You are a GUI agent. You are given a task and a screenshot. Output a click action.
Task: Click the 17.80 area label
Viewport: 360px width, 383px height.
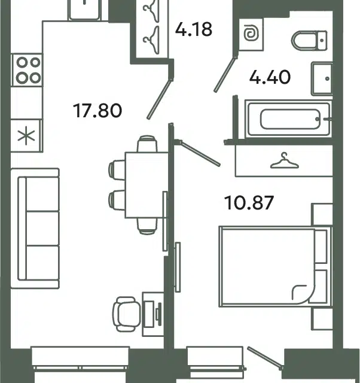coord(97,111)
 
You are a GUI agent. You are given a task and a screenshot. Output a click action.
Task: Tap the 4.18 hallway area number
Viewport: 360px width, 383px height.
coord(194,29)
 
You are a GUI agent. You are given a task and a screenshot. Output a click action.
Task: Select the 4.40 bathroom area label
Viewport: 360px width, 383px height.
coord(270,77)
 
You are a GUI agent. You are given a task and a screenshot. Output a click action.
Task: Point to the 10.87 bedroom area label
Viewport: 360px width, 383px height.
coord(249,202)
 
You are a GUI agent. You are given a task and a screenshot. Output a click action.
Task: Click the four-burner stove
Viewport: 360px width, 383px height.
coord(27,70)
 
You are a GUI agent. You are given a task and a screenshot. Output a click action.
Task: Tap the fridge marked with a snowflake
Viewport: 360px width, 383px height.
coord(26,136)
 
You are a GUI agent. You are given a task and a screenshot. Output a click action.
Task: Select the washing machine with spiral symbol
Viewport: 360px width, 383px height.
coord(251,35)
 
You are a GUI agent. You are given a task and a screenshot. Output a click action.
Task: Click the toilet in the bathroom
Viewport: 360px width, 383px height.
coord(309,41)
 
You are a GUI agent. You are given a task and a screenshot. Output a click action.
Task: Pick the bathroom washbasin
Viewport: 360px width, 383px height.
coord(322,78)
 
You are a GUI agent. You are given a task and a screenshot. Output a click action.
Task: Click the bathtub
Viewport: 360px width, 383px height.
coord(288,119)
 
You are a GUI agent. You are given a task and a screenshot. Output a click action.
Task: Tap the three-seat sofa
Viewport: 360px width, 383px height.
coord(35,229)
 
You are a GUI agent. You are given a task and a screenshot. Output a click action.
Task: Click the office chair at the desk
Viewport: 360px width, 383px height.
coord(127,314)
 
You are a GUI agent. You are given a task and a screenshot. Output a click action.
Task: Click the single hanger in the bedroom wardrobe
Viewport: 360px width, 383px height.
coord(285,161)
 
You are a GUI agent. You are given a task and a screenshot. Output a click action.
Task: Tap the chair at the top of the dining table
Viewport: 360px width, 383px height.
coord(147,144)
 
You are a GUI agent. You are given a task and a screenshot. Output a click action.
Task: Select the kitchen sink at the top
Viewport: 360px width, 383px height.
coord(84,10)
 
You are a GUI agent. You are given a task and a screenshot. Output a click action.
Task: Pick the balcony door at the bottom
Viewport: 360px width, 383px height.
coord(266,357)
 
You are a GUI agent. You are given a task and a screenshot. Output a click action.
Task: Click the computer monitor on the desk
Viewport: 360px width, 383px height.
coord(159,314)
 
